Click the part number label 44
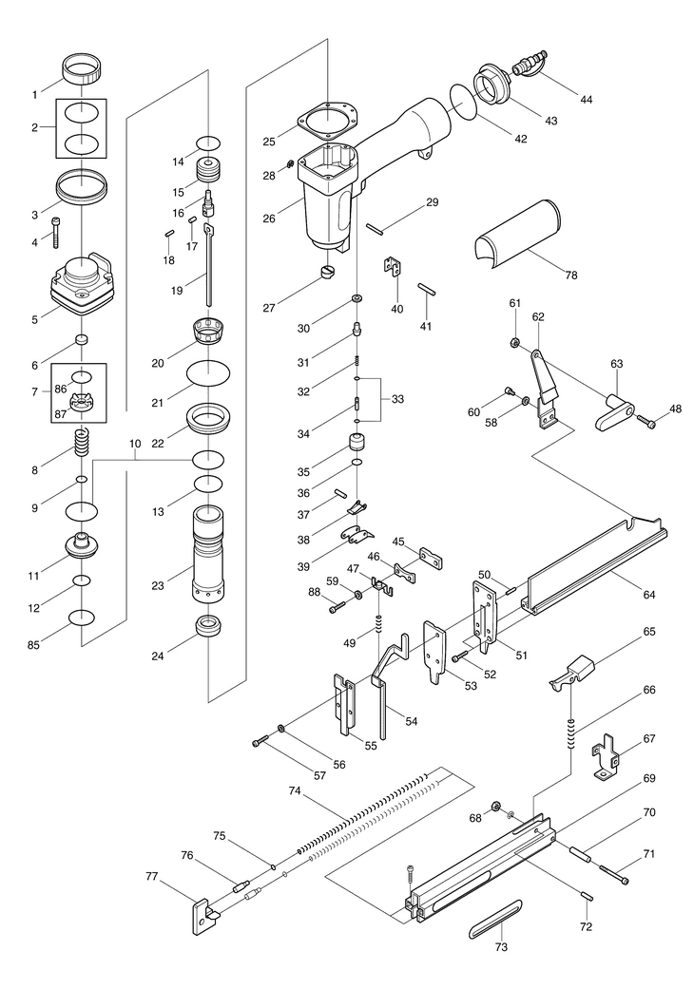coord(587,100)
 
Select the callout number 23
coord(158,585)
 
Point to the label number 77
coord(151,876)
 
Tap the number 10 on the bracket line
coord(135,444)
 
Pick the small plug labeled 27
coord(327,271)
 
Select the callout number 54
coord(412,721)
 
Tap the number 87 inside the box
coord(60,414)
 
